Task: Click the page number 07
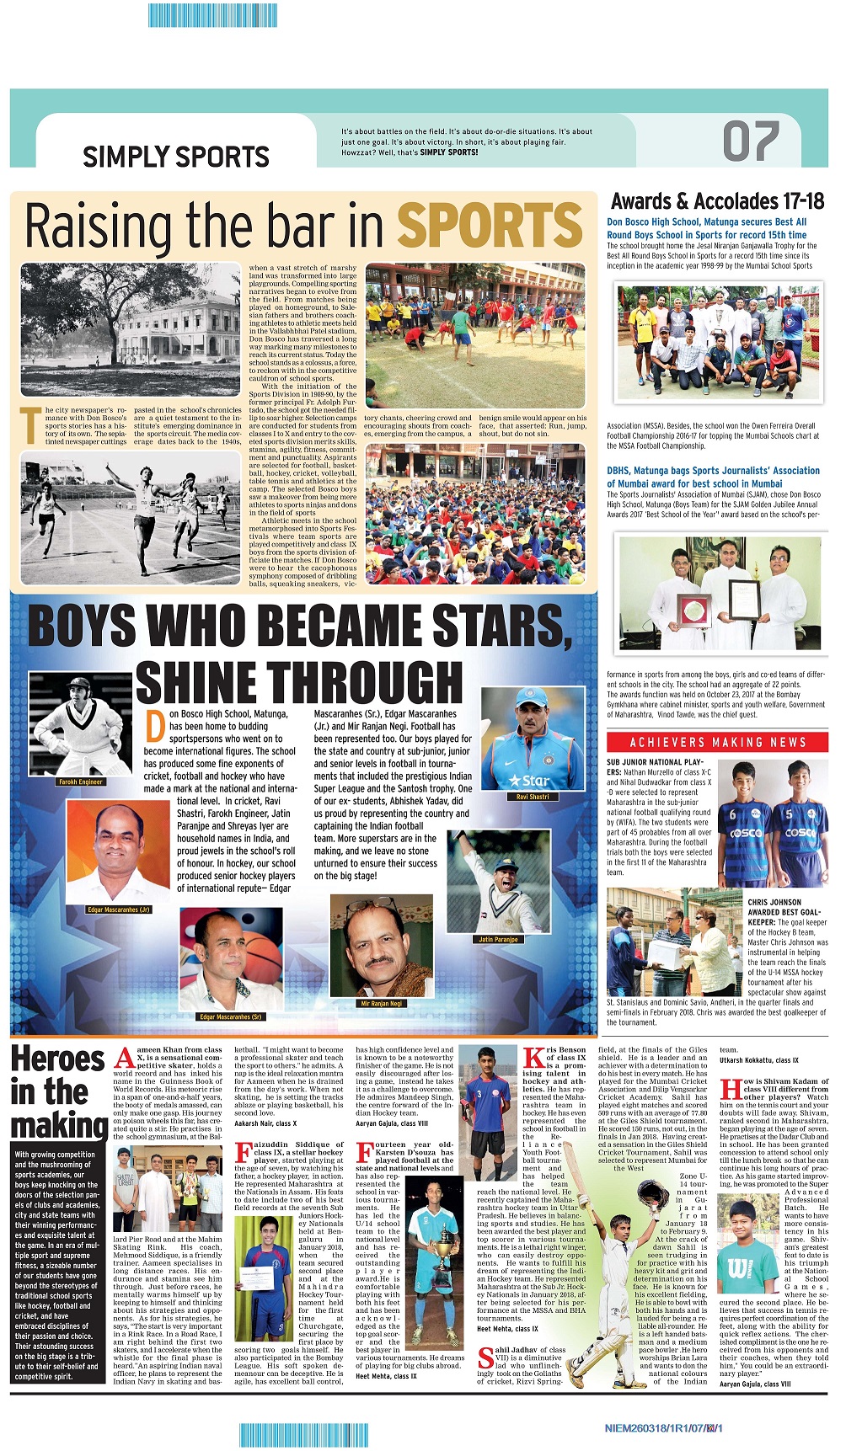click(751, 141)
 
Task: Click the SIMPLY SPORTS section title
click(175, 157)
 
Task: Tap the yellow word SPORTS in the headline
click(489, 226)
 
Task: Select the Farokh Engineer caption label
click(81, 782)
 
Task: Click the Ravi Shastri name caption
click(533, 796)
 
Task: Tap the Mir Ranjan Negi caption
click(382, 1003)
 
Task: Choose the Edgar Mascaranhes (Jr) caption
click(118, 910)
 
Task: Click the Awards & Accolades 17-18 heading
click(717, 201)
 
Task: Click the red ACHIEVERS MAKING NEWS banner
click(717, 742)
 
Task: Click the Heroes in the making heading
click(59, 1091)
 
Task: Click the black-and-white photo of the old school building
click(131, 329)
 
